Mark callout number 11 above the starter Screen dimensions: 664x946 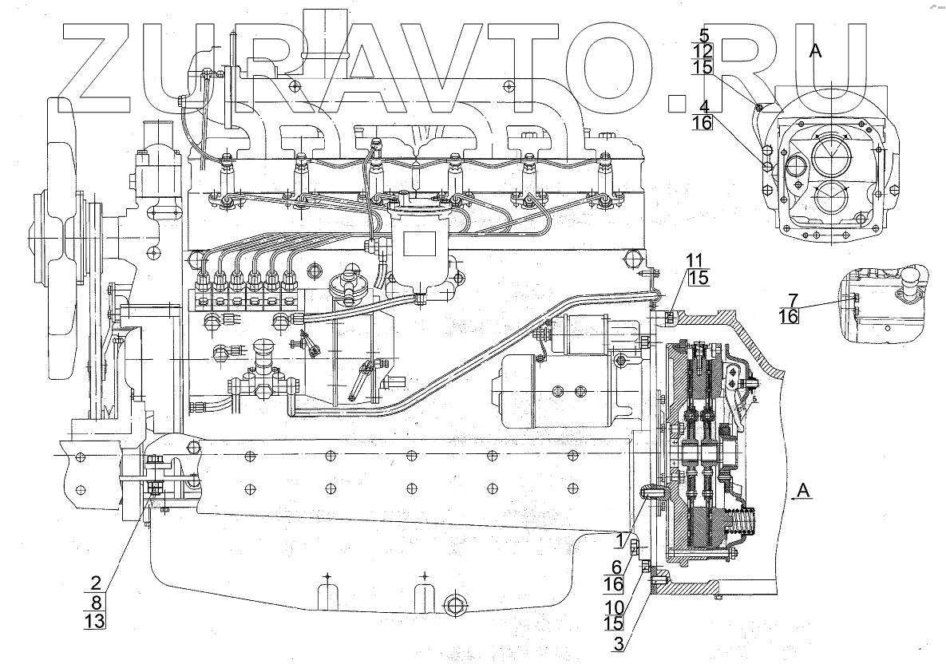coord(695,259)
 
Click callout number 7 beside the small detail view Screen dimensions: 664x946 coord(793,299)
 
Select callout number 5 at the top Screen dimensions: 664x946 coord(704,35)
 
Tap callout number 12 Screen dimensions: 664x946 coord(703,52)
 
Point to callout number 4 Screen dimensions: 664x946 coord(704,105)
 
